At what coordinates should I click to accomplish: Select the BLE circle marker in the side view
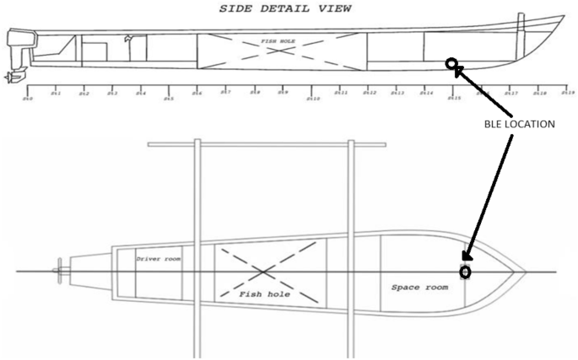tap(452, 64)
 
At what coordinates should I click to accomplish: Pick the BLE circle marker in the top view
tap(464, 272)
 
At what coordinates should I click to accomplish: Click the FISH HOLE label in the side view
tap(279, 39)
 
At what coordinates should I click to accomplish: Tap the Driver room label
tap(159, 259)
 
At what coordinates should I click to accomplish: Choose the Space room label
tap(418, 287)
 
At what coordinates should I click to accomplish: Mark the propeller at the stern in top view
tap(57, 271)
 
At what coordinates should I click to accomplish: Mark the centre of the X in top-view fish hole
tap(265, 271)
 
